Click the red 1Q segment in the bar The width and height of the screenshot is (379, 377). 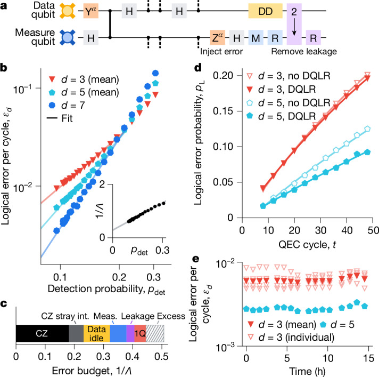pos(140,334)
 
